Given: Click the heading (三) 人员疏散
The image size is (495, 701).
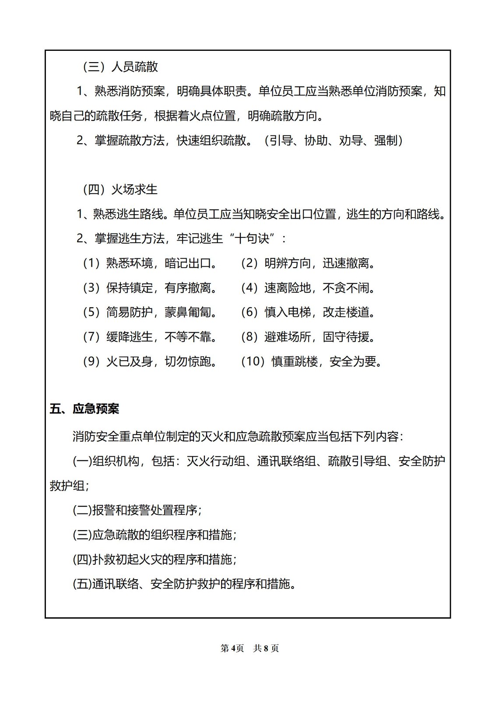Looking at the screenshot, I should pos(120,67).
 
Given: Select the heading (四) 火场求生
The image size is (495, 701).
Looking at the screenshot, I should pos(120,190).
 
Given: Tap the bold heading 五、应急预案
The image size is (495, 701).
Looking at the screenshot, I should pos(84,409).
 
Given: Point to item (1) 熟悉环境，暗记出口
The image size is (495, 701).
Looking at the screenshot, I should pos(151,263).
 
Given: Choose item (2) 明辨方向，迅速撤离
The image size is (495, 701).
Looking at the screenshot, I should pos(309,263).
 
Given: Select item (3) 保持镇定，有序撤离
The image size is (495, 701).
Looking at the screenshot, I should pos(151,288).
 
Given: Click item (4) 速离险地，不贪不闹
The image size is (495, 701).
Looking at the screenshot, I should pos(309,288).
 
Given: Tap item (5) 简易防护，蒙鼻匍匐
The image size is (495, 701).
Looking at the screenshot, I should pos(151,312).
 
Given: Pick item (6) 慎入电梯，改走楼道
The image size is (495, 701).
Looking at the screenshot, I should pos(309,312).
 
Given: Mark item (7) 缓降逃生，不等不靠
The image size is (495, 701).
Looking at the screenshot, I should pos(151,337).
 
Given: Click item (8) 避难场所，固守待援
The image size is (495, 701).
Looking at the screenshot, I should pos(309,337).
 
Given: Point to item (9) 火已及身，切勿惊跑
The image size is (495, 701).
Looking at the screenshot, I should pos(151,361).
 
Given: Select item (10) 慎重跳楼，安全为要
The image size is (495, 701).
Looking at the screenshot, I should pos(312,361).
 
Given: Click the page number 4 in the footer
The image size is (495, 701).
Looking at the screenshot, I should pos(233,648).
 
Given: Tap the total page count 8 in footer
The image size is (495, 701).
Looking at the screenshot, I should pos(266,648).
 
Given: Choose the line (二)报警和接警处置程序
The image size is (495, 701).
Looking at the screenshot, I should pos(137,510).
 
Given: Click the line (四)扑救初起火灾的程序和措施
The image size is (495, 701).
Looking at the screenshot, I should pos(154,559).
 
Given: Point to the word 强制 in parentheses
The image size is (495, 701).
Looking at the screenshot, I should pos(386,141).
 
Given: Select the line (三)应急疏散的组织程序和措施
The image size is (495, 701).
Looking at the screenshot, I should pos(154,535).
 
